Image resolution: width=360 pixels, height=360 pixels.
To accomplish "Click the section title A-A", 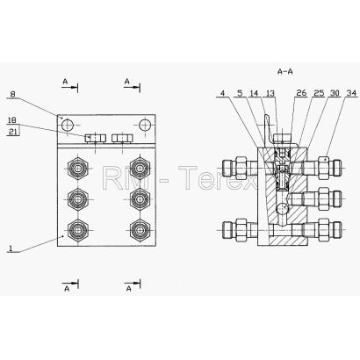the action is (284, 72).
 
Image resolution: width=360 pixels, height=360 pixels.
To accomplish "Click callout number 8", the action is (12, 95).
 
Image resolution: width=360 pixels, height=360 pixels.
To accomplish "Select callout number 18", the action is (12, 120).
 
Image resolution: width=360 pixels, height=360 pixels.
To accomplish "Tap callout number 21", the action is (12, 132).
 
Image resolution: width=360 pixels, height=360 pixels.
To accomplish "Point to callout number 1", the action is (11, 248).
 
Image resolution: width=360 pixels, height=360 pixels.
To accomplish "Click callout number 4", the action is (223, 93).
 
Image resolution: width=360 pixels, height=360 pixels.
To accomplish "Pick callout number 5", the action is (240, 93).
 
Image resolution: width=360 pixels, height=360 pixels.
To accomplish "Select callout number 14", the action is (254, 93).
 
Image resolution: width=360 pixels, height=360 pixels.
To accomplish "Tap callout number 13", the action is (270, 93).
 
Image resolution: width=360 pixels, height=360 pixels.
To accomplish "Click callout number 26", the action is (301, 93).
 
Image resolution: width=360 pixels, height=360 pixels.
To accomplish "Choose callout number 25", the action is (319, 93).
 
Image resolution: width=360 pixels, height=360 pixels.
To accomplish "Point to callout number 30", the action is (335, 93).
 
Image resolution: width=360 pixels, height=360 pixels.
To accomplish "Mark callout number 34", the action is (351, 93).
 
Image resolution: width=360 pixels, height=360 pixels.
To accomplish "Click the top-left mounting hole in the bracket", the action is (67, 126).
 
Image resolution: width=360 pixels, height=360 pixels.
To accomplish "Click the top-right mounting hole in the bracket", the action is (145, 126).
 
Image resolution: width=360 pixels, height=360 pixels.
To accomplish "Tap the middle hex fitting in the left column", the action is (78, 199).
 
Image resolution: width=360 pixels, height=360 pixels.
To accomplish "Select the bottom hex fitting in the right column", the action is (140, 230).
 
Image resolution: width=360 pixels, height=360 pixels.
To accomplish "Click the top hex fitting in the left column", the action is (78, 169).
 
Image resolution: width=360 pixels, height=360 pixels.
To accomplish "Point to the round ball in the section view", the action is (282, 209).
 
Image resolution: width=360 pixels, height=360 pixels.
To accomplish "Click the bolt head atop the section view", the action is (282, 137).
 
